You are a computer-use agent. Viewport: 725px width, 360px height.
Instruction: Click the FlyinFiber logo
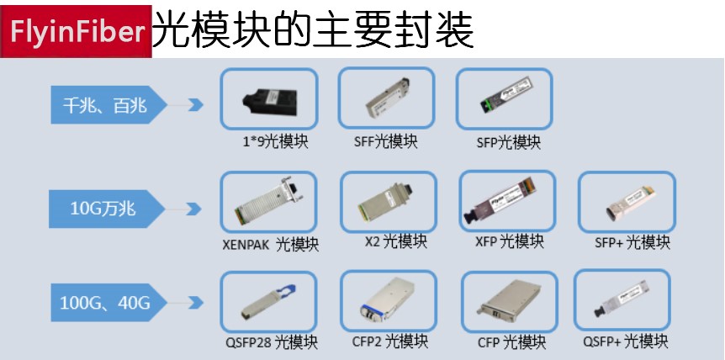tap(76, 31)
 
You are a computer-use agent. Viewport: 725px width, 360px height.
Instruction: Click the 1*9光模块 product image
tap(269, 100)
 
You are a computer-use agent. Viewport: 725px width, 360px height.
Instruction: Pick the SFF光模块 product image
tap(386, 100)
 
